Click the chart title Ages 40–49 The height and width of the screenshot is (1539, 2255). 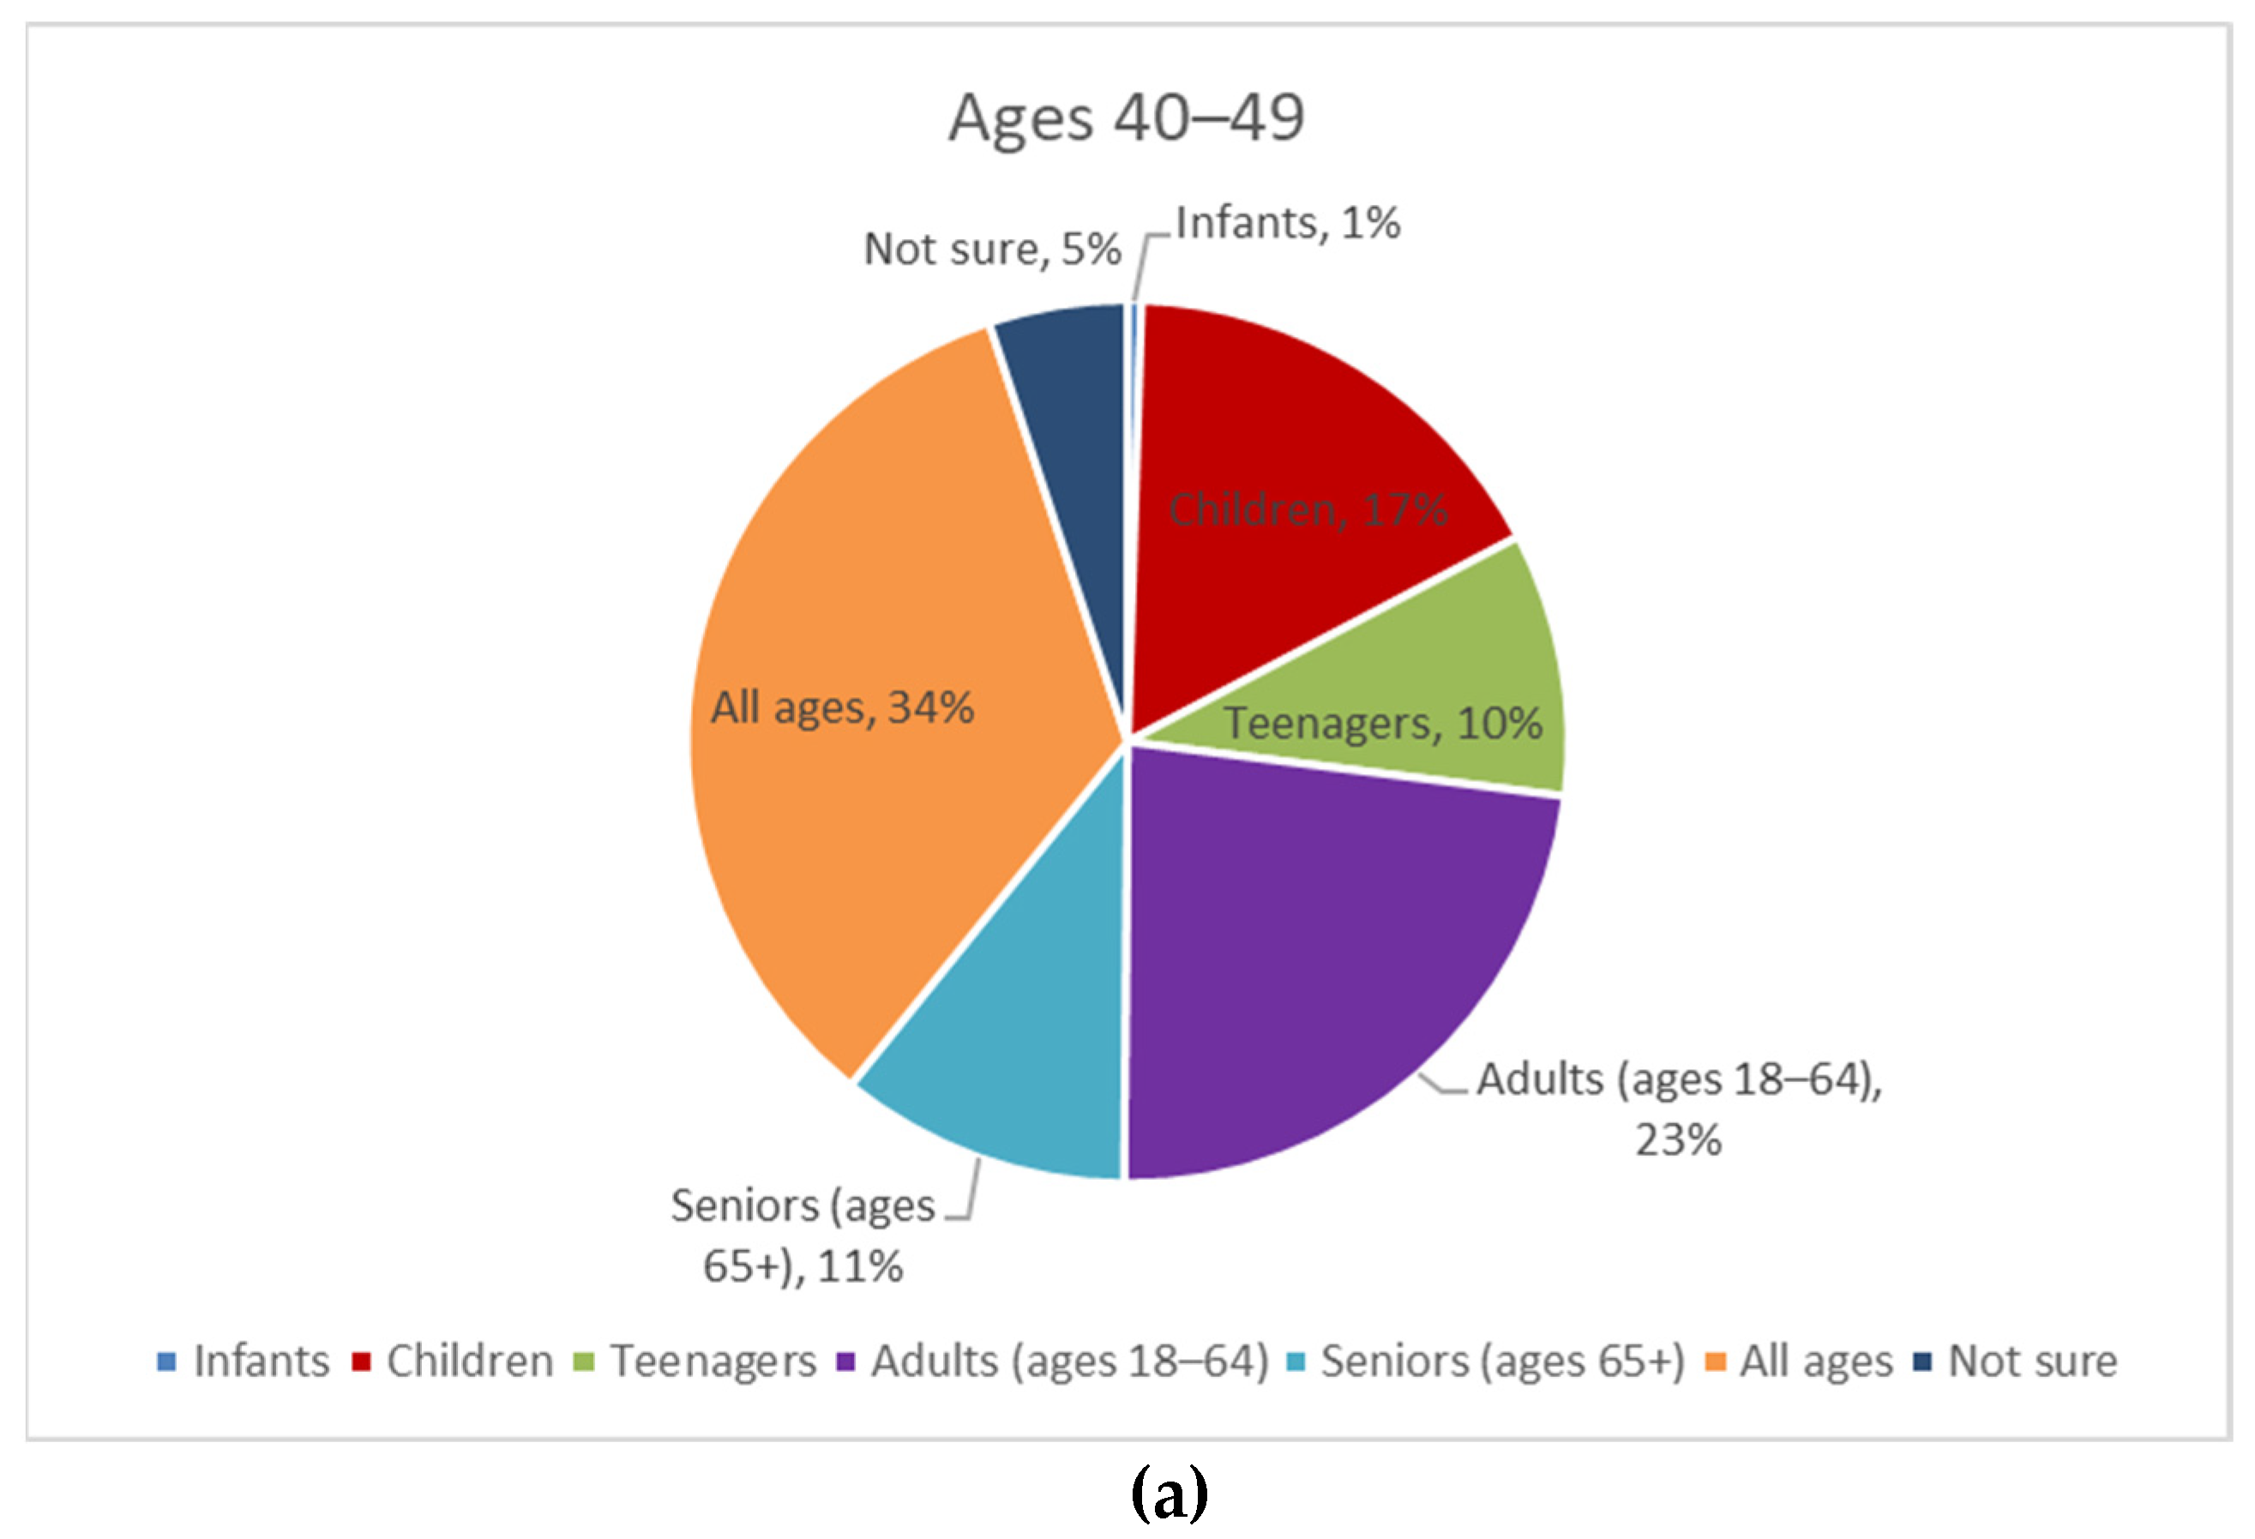click(1126, 117)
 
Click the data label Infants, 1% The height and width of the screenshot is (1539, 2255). click(1288, 223)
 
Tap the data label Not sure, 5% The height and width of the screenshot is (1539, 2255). click(992, 249)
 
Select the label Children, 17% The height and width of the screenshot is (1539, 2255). click(1307, 509)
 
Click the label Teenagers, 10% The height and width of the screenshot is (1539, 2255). click(1381, 723)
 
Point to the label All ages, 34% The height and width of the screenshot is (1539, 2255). click(841, 706)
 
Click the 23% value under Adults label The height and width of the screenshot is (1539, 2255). click(1678, 1139)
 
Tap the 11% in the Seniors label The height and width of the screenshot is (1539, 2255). click(860, 1266)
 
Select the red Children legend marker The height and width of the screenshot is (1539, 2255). click(361, 1362)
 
